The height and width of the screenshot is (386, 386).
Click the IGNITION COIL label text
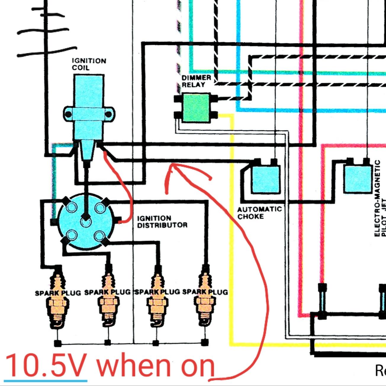click(89, 64)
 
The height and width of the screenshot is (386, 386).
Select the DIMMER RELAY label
click(196, 81)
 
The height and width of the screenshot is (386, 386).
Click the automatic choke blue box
click(266, 179)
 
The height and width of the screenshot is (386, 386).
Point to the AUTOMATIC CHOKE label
click(259, 213)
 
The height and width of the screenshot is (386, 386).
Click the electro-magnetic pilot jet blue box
click(358, 179)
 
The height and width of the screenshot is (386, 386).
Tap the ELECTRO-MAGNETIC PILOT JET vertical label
click(380, 198)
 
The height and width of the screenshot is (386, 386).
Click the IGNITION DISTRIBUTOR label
click(162, 222)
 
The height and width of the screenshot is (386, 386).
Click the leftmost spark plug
click(58, 299)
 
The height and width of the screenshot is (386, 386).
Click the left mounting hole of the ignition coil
click(69, 114)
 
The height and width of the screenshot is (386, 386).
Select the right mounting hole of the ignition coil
click(109, 114)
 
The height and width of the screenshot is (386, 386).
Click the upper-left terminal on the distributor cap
click(71, 207)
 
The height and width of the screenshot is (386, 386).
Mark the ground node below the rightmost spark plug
click(205, 343)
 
